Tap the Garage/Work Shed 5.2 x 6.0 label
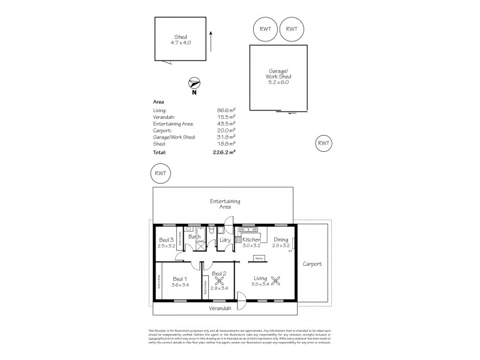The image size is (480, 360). (277, 77)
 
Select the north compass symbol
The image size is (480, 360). (194, 85)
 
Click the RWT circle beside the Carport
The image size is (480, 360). (323, 143)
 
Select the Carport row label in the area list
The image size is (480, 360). (163, 129)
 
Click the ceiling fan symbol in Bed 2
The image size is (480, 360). (219, 278)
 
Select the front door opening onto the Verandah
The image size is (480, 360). (241, 299)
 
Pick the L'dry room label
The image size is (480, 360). (226, 240)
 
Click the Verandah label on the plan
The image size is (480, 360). (220, 308)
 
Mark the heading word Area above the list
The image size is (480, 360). (159, 102)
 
